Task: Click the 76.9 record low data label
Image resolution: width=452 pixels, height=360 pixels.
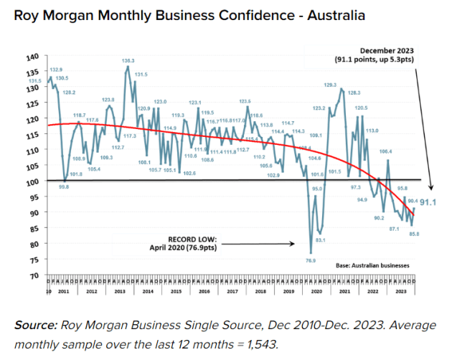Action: tap(311, 261)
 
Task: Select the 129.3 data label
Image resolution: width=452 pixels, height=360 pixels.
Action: tap(331, 85)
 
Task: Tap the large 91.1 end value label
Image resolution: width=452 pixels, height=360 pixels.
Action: tap(429, 203)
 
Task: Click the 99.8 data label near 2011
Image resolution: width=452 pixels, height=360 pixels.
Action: tap(63, 187)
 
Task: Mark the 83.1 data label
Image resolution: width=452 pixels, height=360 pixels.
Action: tap(321, 240)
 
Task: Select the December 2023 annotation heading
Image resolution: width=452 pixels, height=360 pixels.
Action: tap(388, 51)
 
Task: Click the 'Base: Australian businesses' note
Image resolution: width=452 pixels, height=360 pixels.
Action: tap(372, 265)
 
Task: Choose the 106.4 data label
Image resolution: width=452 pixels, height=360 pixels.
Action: tap(385, 152)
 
